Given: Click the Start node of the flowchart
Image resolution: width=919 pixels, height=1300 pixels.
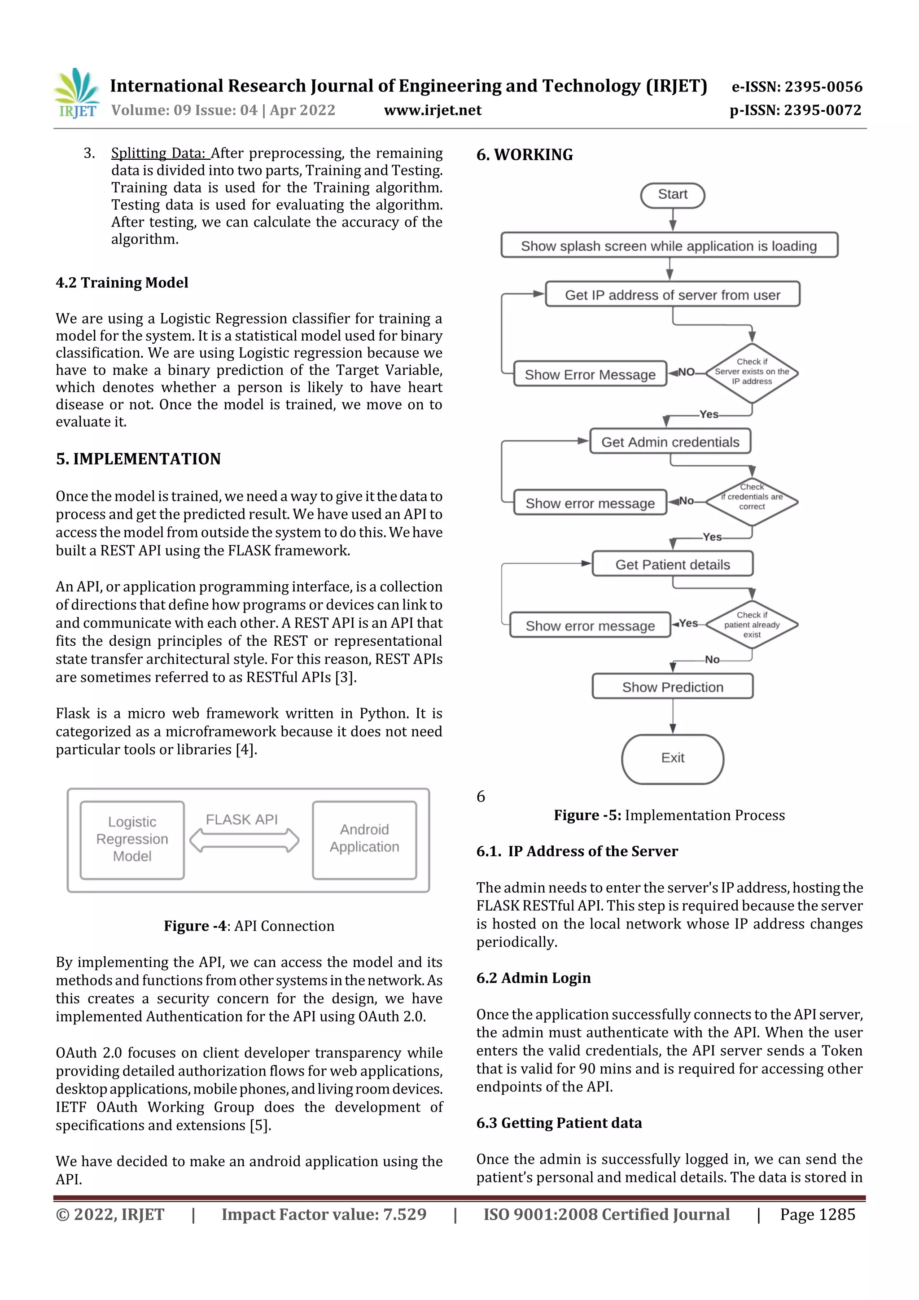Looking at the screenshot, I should tap(672, 195).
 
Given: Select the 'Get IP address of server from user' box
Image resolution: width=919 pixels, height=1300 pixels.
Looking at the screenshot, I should tap(672, 294).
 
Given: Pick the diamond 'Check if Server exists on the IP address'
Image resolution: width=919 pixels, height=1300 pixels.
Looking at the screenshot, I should tap(751, 372).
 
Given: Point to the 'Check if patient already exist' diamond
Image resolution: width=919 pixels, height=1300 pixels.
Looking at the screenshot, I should tap(751, 625).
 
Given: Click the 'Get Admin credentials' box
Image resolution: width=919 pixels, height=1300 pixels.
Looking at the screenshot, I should tap(670, 442).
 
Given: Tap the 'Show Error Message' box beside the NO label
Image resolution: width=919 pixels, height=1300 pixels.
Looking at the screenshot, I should tap(590, 374).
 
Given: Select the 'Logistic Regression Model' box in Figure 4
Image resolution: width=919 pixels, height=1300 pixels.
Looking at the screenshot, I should tap(132, 839).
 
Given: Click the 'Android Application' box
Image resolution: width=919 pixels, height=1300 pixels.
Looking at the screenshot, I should tap(364, 839).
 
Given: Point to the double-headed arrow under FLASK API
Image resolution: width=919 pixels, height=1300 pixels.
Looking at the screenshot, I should tap(244, 840).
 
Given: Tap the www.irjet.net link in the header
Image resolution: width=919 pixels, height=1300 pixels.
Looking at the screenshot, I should tap(433, 110).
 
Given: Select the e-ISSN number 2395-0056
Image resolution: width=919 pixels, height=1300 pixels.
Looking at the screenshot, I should tap(796, 87).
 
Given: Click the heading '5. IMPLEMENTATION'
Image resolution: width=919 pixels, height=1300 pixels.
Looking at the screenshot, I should tap(138, 459).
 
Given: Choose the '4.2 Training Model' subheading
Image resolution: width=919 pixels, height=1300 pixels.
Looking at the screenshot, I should tap(122, 283).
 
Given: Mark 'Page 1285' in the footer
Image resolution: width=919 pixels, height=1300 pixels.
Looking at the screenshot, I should tap(817, 1214).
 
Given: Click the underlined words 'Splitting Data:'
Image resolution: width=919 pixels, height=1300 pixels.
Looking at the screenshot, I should tap(160, 153).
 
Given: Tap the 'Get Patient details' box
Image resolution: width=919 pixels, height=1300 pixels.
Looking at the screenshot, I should tap(672, 564).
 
